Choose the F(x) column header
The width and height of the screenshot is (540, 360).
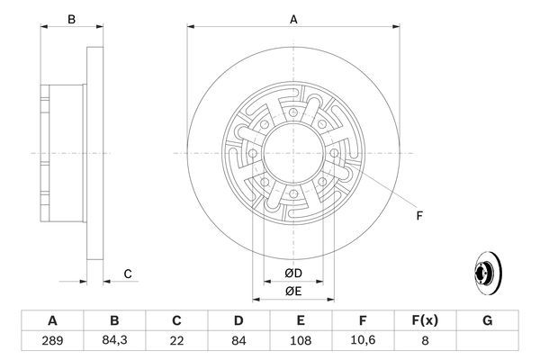(x=426, y=321)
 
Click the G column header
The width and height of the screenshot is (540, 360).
(x=488, y=321)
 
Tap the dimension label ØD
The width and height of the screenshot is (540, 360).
(x=293, y=273)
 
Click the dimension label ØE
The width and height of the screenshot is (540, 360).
(x=293, y=290)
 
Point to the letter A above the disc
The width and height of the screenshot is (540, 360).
(x=293, y=18)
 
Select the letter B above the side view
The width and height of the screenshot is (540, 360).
(x=71, y=18)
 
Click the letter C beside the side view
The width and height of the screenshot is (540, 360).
(x=128, y=274)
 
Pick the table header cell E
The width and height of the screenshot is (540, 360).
(x=301, y=321)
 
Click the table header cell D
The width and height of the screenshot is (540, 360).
(x=238, y=321)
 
